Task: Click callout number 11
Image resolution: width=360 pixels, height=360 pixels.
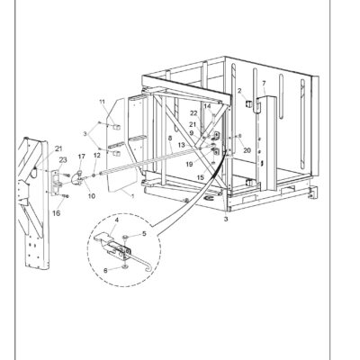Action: click(103, 102)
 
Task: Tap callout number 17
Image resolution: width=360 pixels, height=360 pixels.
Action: click(82, 157)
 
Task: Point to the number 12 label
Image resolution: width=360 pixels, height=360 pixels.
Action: click(97, 156)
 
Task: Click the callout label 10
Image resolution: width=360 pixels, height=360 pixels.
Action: click(92, 196)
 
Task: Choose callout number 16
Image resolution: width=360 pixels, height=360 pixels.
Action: click(57, 213)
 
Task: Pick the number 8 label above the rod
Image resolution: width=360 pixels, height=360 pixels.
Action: click(170, 139)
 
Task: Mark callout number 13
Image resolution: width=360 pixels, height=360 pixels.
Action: click(182, 145)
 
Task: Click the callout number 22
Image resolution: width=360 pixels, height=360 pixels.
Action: click(194, 113)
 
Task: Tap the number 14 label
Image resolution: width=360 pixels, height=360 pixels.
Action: click(207, 106)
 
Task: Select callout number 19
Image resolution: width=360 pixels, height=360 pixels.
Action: click(189, 164)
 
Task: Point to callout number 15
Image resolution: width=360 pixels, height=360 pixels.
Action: click(201, 177)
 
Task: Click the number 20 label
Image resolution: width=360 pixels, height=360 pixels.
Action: click(247, 150)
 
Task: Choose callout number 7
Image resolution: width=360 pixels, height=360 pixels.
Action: click(264, 83)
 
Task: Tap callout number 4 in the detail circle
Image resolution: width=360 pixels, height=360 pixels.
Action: click(117, 220)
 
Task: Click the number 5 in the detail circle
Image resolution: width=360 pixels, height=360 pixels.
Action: click(144, 234)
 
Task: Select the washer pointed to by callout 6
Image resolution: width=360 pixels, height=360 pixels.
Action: click(124, 265)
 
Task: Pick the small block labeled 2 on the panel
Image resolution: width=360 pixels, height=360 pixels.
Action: click(249, 104)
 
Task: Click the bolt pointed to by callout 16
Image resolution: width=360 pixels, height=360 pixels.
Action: click(65, 196)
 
